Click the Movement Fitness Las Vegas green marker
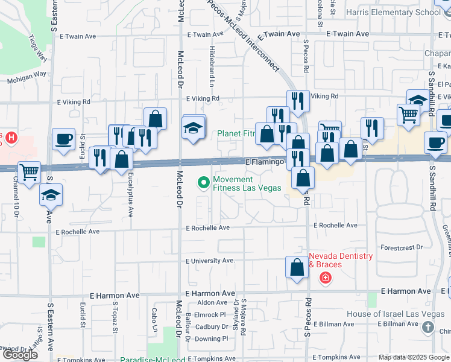(x=203, y=182)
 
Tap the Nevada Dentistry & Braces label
(x=341, y=260)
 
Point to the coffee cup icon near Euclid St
(x=63, y=139)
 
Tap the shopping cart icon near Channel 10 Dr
(x=29, y=172)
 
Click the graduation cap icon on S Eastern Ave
(x=51, y=194)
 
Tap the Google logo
(x=20, y=355)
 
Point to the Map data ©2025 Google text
(x=413, y=357)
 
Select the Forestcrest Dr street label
(x=402, y=247)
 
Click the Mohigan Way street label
(x=27, y=77)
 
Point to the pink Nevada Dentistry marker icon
(x=325, y=278)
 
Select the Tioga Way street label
(x=37, y=47)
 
